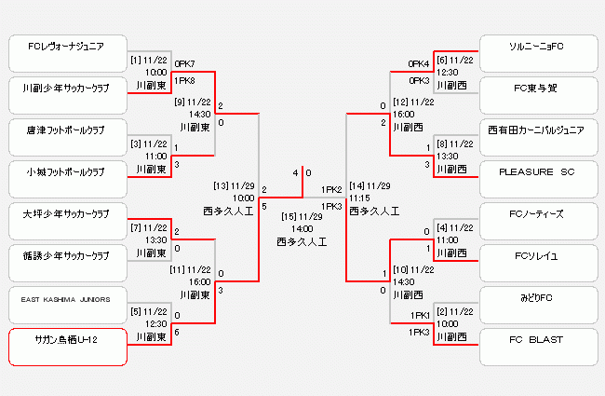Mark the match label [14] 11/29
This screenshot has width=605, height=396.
click(370, 185)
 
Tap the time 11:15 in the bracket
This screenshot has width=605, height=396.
click(361, 198)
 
